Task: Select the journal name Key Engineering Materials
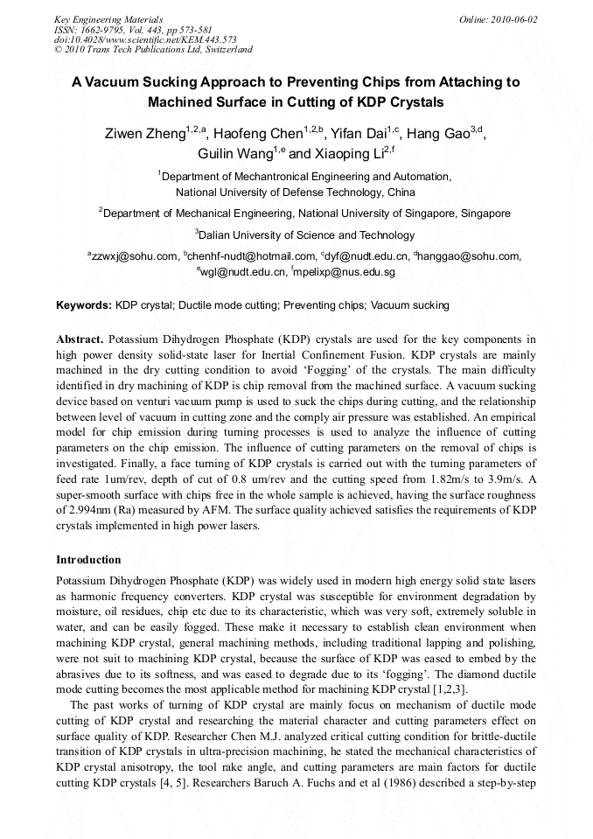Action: pyautogui.click(x=108, y=18)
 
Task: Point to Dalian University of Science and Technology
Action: pyautogui.click(x=306, y=234)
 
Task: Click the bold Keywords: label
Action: pyautogui.click(x=84, y=305)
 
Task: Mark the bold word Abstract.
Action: pyautogui.click(x=80, y=339)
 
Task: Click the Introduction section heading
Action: pyautogui.click(x=88, y=559)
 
